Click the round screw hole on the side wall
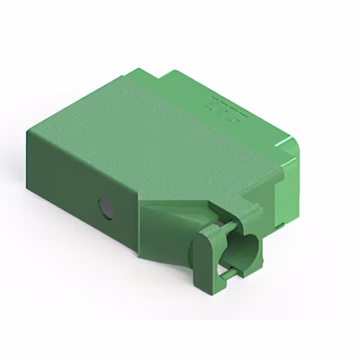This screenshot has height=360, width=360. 105,208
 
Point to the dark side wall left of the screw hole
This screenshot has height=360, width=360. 62,186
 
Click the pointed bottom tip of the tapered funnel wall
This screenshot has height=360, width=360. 138,256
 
